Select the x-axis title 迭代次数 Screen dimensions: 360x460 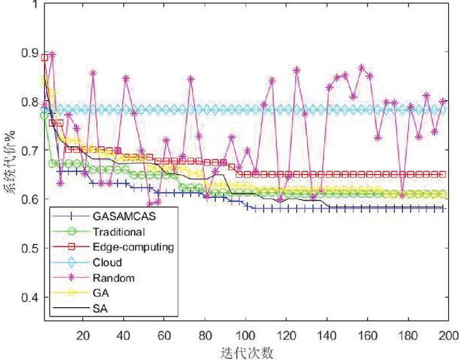pyautogui.click(x=244, y=353)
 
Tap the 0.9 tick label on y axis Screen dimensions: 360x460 pyautogui.click(x=28, y=53)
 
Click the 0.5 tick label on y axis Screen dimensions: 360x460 pyautogui.click(x=28, y=249)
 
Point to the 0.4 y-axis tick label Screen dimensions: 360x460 pyautogui.click(x=28, y=297)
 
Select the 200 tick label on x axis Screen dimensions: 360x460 pyautogui.click(x=449, y=335)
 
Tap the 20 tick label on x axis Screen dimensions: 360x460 pyautogui.click(x=82, y=335)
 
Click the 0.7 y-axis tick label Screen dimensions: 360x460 pyautogui.click(x=28, y=151)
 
